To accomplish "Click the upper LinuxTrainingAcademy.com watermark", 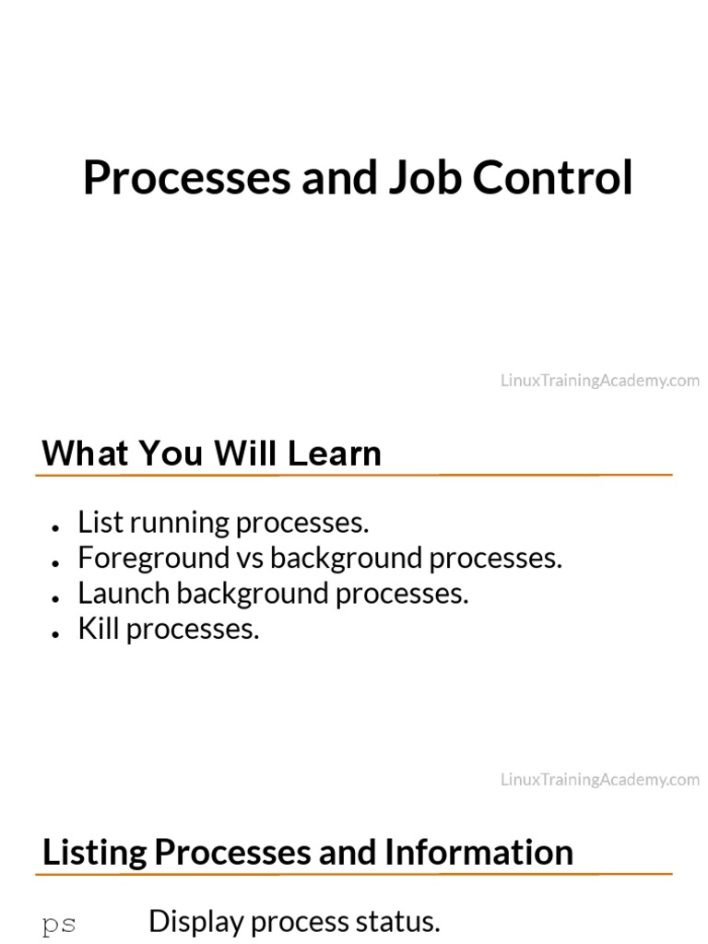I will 600,381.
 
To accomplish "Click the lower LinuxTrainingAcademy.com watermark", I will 600,780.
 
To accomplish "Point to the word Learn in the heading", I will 334,454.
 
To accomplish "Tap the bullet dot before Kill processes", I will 57,633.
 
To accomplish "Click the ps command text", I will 59,924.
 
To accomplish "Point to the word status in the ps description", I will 399,922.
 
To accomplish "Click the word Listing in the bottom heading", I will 95,853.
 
